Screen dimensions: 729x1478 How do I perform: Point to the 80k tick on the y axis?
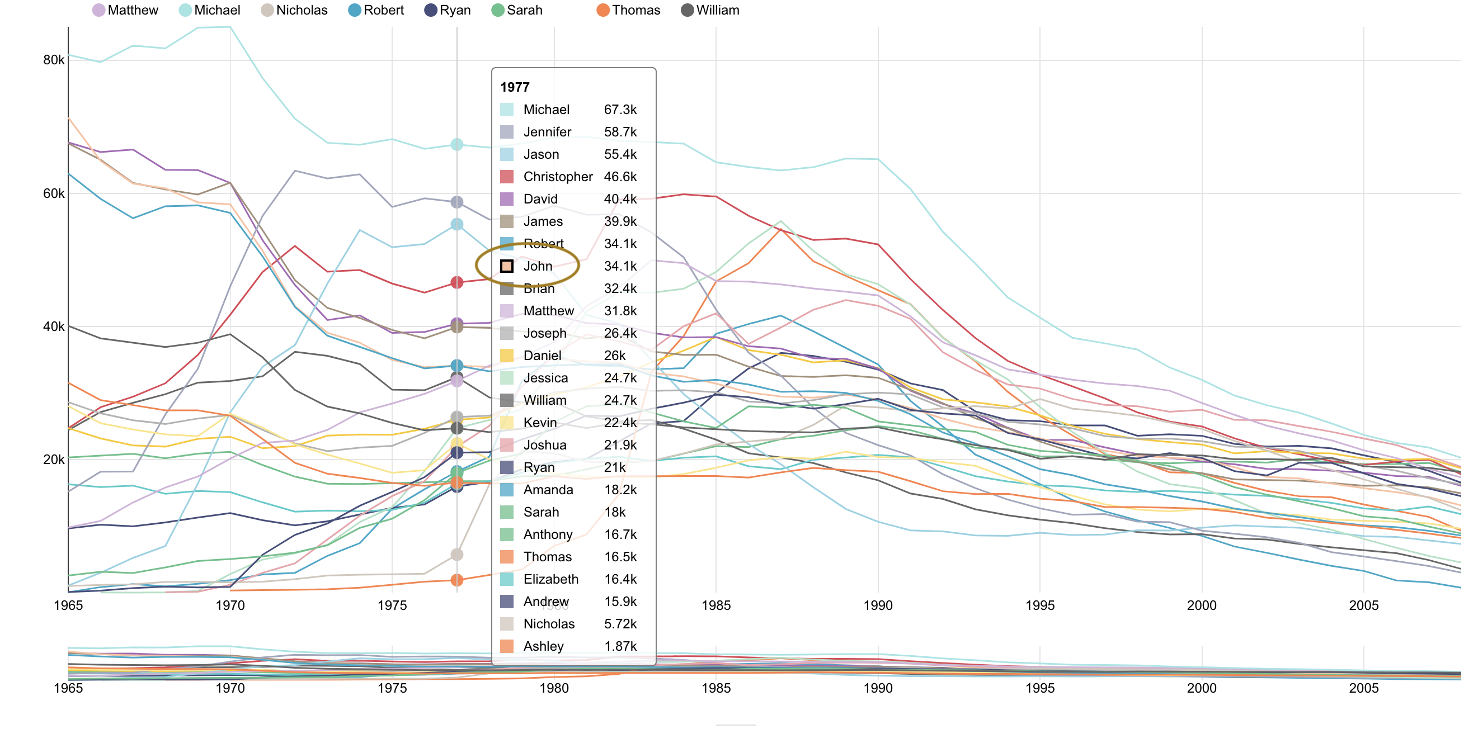pyautogui.click(x=54, y=60)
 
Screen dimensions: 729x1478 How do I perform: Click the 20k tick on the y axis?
pyautogui.click(x=54, y=460)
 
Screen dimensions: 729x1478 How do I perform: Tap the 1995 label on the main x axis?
pyautogui.click(x=1039, y=605)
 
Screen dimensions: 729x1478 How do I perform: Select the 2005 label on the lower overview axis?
pyautogui.click(x=1363, y=688)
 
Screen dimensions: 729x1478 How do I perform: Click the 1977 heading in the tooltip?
pyautogui.click(x=515, y=87)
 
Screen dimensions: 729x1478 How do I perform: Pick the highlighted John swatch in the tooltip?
pyautogui.click(x=507, y=266)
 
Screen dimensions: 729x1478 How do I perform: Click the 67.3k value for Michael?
pyautogui.click(x=620, y=110)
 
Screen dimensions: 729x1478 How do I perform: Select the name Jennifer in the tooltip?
pyautogui.click(x=547, y=132)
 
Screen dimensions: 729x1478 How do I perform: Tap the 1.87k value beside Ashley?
pyautogui.click(x=620, y=646)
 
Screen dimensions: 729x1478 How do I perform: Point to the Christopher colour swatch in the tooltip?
pyautogui.click(x=507, y=177)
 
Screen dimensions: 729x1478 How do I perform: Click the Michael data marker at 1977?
pyautogui.click(x=456, y=145)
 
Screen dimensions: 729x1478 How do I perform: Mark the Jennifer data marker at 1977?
pyautogui.click(x=456, y=202)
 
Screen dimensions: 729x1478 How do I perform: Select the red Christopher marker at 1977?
pyautogui.click(x=456, y=282)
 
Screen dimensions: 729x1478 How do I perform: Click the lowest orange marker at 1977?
pyautogui.click(x=456, y=580)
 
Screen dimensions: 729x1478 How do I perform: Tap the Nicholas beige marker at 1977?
pyautogui.click(x=456, y=555)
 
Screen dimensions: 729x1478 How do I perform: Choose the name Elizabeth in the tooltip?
pyautogui.click(x=551, y=579)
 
